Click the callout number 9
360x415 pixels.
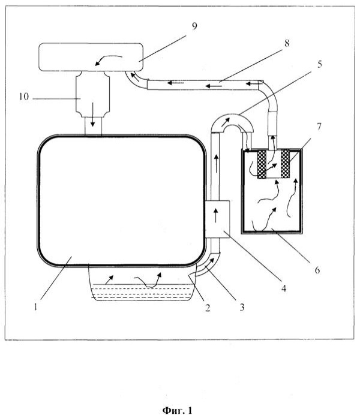pyautogui.click(x=194, y=26)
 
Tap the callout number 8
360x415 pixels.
pyautogui.click(x=287, y=43)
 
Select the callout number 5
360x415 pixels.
pyautogui.click(x=319, y=64)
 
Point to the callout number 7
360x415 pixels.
pyautogui.click(x=319, y=127)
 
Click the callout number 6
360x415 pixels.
pyautogui.click(x=317, y=270)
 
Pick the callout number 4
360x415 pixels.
pyautogui.click(x=284, y=288)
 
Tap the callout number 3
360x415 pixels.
pyautogui.click(x=242, y=307)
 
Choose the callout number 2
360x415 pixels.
pyautogui.click(x=208, y=308)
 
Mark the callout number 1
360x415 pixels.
pyautogui.click(x=35, y=307)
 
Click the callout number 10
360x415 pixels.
pyautogui.click(x=24, y=97)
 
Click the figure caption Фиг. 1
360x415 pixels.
pyautogui.click(x=177, y=410)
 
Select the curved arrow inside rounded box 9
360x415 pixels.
pyautogui.click(x=109, y=59)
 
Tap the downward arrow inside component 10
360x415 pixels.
pyautogui.click(x=92, y=115)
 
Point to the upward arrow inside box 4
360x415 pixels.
pyautogui.click(x=216, y=215)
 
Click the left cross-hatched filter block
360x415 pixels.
pyautogui.click(x=262, y=164)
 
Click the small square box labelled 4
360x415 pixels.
pyautogui.click(x=217, y=219)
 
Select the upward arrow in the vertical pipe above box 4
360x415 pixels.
pyautogui.click(x=217, y=164)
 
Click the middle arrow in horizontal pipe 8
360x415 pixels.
pyautogui.click(x=214, y=86)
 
